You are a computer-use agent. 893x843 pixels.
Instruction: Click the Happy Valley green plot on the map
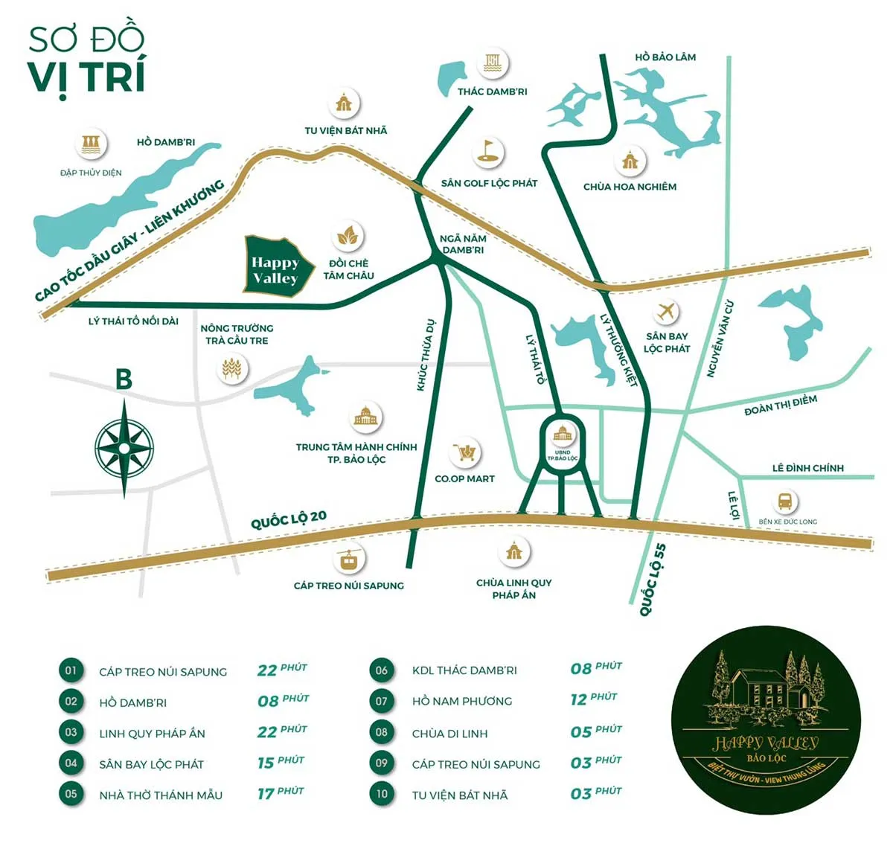pos(275,269)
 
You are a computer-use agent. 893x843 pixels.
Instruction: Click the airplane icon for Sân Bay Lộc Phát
pos(666,311)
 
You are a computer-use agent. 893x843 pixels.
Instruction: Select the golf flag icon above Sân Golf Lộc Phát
pos(488,153)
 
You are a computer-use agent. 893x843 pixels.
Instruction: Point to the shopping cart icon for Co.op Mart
pos(465,452)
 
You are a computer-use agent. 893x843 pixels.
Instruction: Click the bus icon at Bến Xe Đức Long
pos(784,501)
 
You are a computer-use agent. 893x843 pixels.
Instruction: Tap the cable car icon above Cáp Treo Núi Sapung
pos(348,560)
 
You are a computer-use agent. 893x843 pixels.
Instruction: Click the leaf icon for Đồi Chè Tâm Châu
pos(347,237)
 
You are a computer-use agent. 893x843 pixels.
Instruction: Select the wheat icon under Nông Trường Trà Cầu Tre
pos(231,368)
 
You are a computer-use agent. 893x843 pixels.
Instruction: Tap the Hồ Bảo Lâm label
pos(665,57)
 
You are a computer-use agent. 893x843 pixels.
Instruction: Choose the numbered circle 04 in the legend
pos(71,763)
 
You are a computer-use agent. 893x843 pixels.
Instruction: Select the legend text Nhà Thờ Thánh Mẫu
pos(161,795)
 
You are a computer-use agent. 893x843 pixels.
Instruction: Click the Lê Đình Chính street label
pos(807,468)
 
